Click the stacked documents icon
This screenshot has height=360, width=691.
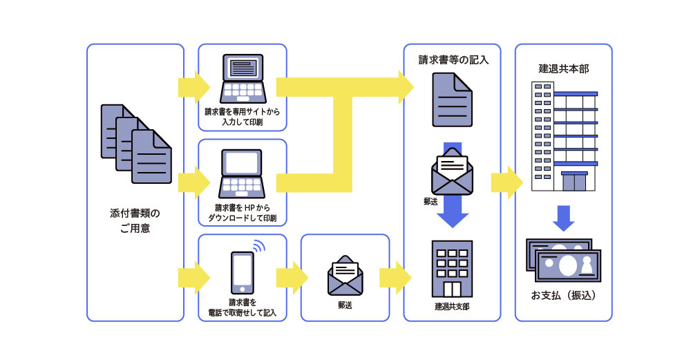[136, 144]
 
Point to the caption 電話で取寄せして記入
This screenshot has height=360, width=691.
[243, 313]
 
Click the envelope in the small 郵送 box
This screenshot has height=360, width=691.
[345, 276]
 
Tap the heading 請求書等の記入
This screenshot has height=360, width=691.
[453, 60]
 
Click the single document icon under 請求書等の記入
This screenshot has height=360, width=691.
[452, 100]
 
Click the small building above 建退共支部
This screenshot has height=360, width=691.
[452, 269]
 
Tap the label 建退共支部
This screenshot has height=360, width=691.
[452, 305]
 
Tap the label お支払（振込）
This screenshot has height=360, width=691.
[564, 296]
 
